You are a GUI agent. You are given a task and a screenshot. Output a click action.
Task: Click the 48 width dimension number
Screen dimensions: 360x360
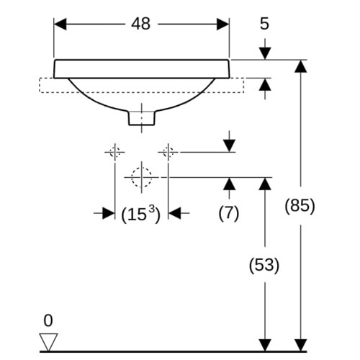pyautogui.click(x=141, y=24)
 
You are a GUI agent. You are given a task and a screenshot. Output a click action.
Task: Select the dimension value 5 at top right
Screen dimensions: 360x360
pyautogui.click(x=264, y=24)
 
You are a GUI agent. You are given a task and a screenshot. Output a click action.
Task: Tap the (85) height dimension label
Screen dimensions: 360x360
pyautogui.click(x=300, y=206)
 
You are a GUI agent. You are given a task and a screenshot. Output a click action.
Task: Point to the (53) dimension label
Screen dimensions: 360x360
pyautogui.click(x=264, y=265)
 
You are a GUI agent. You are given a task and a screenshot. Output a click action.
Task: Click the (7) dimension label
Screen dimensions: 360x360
pyautogui.click(x=229, y=213)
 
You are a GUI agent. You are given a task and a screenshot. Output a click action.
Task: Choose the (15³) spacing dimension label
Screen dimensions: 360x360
pyautogui.click(x=140, y=214)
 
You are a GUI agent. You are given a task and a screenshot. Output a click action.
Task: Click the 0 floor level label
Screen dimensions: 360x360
pyautogui.click(x=48, y=320)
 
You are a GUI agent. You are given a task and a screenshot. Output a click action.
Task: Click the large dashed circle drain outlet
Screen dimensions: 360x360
pyautogui.click(x=142, y=177)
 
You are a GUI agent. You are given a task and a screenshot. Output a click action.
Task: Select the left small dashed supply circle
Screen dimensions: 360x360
pyautogui.click(x=115, y=152)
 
